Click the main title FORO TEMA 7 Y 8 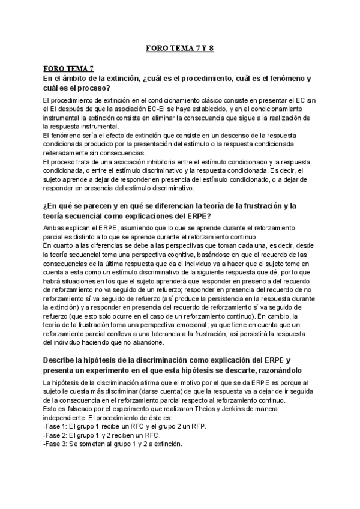[x=180, y=49]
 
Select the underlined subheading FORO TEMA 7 [x=68, y=70]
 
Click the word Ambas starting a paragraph [x=54, y=228]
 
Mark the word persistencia [x=236, y=306]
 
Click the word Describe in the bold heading [x=59, y=360]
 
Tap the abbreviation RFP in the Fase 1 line [x=168, y=425]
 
